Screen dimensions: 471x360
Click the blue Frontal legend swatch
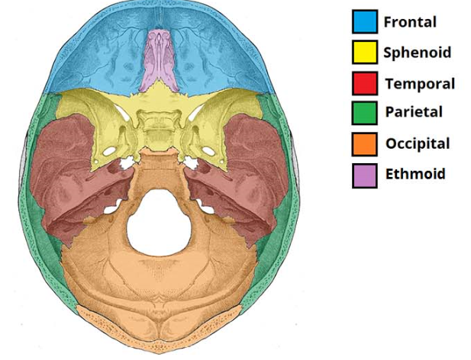coord(363,21)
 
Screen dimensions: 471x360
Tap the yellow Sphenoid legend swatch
coord(363,52)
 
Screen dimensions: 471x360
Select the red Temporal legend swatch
coord(363,82)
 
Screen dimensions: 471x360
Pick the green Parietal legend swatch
coord(363,113)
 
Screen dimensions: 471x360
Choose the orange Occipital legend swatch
coord(363,143)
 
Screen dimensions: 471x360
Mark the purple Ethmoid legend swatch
coord(363,174)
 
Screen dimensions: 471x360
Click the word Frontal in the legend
coord(410,21)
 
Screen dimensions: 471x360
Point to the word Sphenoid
coord(417,53)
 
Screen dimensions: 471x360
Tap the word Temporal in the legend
coord(420,83)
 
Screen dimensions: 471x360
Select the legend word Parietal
coord(415,113)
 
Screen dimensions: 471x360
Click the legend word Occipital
coord(418,143)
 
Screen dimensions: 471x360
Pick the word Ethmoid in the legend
coord(415,174)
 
